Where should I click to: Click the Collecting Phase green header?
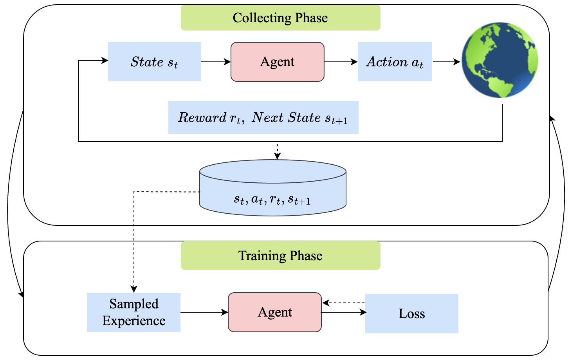280,18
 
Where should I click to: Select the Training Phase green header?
280,256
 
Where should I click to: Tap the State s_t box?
155,62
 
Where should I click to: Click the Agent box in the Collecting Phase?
277,62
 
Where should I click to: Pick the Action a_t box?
395,62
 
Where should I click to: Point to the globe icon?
500,60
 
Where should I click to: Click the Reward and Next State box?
263,117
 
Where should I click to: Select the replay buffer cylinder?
273,188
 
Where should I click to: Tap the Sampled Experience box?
134,312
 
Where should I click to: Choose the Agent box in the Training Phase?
275,312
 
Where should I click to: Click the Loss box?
412,314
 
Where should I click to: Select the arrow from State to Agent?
216,61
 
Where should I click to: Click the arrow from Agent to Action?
341,61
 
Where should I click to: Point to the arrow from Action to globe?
446,61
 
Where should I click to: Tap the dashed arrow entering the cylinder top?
277,152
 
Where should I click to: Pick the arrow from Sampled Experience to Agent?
204,312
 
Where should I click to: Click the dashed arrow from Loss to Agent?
344,303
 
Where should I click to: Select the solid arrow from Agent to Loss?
344,312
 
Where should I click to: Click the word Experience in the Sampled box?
134,321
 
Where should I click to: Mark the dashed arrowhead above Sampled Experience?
134,289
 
